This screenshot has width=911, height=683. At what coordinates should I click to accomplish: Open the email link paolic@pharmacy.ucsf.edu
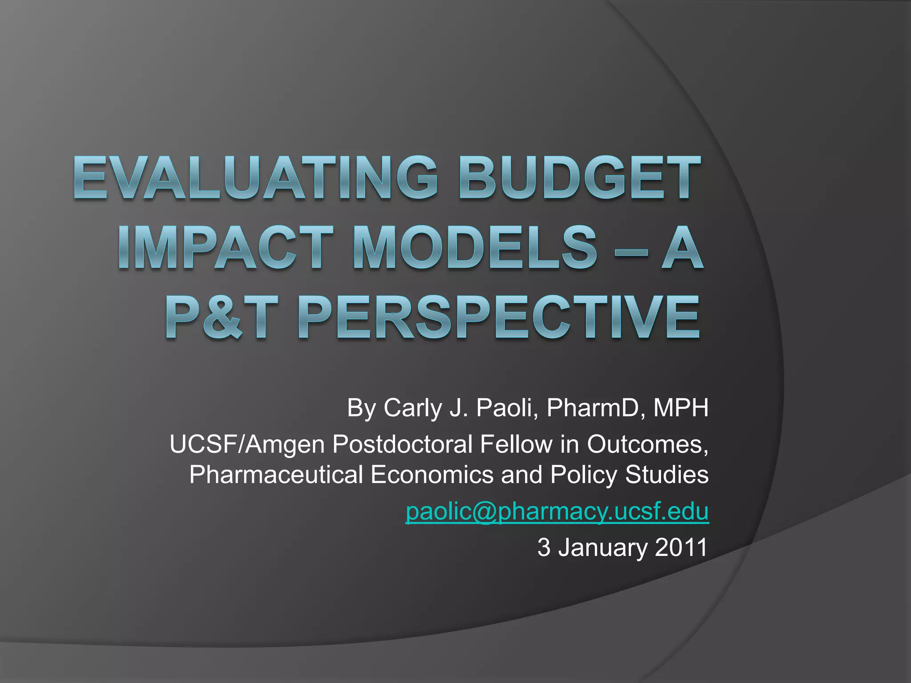click(x=557, y=511)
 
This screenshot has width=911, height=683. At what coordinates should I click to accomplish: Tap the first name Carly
click(x=411, y=408)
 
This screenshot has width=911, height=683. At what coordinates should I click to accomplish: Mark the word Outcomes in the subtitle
click(x=647, y=444)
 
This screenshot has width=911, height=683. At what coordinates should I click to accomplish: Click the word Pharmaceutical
click(x=276, y=474)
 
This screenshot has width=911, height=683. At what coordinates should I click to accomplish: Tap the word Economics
click(x=431, y=474)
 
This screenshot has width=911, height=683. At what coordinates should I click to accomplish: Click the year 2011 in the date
click(x=681, y=547)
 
